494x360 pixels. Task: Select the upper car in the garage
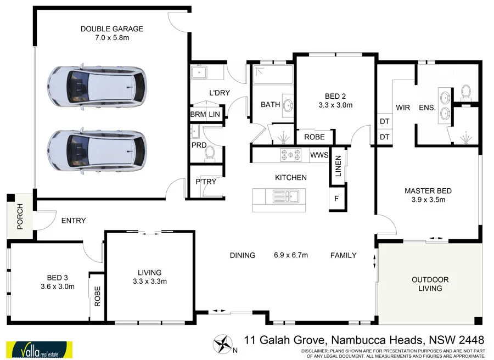(97, 86)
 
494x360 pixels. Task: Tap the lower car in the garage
(97, 149)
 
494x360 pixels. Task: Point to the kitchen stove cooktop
(291, 155)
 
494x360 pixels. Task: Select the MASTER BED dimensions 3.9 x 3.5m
(428, 200)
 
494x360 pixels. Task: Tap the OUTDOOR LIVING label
(430, 284)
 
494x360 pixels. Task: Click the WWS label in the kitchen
(319, 155)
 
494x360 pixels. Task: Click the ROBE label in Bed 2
(315, 137)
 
